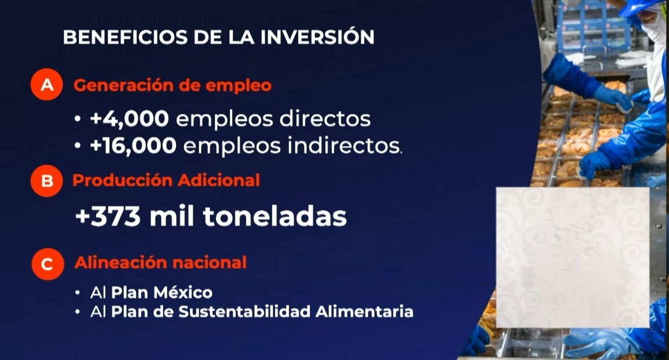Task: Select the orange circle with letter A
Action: (47, 85)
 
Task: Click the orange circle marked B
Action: (47, 181)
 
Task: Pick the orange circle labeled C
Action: (47, 264)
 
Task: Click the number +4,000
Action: (129, 119)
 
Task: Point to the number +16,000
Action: (133, 146)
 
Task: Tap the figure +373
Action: (108, 217)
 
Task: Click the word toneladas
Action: (274, 217)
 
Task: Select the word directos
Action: (325, 119)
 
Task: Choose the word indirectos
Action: (344, 146)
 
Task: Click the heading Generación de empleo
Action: (172, 85)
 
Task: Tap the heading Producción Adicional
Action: (166, 181)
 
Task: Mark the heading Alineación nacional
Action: (161, 263)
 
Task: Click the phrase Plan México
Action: (162, 293)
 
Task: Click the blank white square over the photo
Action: (572, 257)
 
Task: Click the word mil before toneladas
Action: (172, 217)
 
